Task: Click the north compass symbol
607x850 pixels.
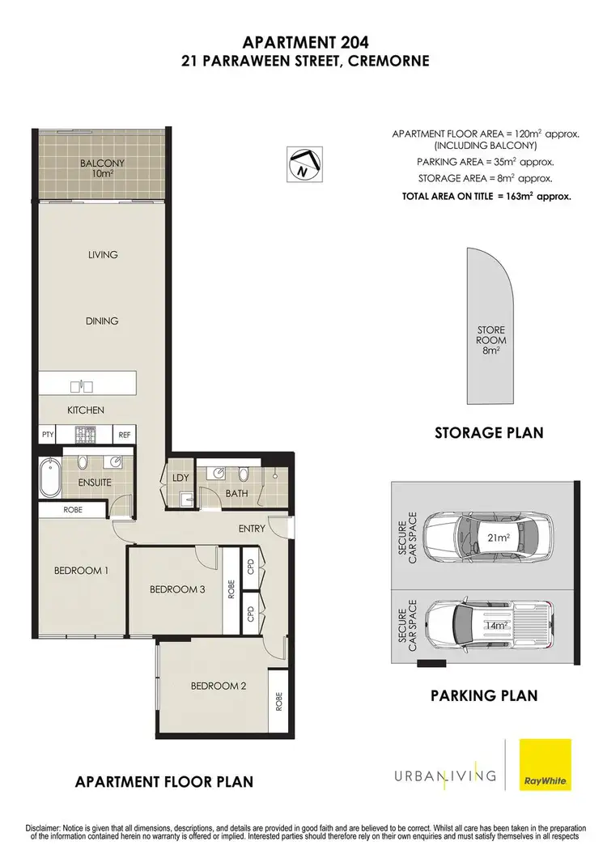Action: [x=305, y=163]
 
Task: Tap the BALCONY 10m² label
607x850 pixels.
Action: [x=101, y=168]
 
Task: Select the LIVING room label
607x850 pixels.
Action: [x=103, y=255]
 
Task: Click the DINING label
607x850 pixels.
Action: [x=102, y=321]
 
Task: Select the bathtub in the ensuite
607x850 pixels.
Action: [x=48, y=478]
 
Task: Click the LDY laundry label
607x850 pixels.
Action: [x=180, y=478]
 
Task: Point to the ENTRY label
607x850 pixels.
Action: [x=252, y=529]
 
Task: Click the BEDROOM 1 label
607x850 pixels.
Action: [x=81, y=571]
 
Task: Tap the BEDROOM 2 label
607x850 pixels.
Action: [x=218, y=686]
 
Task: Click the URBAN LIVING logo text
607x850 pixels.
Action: [x=444, y=776]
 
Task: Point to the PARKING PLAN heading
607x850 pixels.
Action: [x=483, y=695]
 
